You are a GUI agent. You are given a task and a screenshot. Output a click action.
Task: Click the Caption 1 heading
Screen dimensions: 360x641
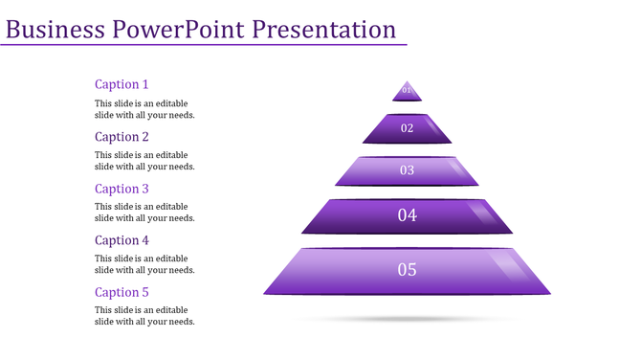tap(122, 84)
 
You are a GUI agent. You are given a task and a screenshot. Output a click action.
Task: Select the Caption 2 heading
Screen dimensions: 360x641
tap(122, 137)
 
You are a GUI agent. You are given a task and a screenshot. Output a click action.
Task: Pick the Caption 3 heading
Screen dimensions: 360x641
tap(122, 189)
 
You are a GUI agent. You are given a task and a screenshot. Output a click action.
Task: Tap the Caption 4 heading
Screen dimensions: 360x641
tap(122, 240)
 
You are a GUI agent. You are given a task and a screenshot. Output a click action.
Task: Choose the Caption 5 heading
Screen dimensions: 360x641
tap(122, 292)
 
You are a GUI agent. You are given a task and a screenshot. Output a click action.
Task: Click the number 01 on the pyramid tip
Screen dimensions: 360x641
tap(407, 91)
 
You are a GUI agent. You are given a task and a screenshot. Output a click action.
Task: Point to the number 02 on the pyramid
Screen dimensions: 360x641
tap(407, 128)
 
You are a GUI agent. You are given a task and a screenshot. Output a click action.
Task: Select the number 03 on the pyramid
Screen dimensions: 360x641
tap(407, 170)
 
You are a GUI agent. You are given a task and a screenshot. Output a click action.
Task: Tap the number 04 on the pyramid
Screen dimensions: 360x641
tap(407, 215)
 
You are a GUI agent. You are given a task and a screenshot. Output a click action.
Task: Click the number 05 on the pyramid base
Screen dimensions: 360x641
tap(407, 270)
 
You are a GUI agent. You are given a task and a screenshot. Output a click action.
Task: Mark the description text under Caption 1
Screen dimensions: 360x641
tap(144, 109)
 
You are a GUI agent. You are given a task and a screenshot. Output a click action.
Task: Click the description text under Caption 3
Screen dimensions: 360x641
tap(144, 213)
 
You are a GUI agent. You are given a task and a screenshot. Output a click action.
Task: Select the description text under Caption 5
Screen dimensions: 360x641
tap(144, 316)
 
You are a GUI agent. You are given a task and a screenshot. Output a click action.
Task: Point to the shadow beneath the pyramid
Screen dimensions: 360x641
tap(407, 318)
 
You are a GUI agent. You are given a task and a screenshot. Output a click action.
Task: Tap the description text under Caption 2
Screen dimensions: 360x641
tap(144, 161)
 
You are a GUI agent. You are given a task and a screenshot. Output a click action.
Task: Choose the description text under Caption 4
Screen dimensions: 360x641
tap(144, 264)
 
